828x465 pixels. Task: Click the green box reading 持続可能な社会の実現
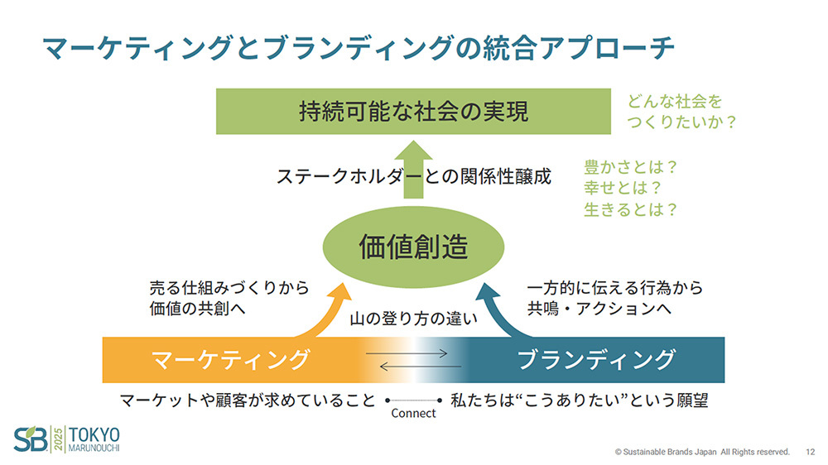[413, 111]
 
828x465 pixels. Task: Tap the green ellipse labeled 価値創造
[413, 247]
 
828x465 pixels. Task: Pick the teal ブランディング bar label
[596, 360]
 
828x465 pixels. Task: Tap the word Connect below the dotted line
[413, 413]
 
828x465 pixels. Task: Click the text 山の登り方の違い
[413, 319]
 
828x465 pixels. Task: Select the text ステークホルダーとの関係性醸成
[413, 176]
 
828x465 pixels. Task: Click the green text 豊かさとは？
[631, 166]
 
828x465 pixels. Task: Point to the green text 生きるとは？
[631, 209]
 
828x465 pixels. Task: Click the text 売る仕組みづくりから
[229, 288]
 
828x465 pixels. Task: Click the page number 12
[810, 452]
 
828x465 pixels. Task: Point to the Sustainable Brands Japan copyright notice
[702, 452]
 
